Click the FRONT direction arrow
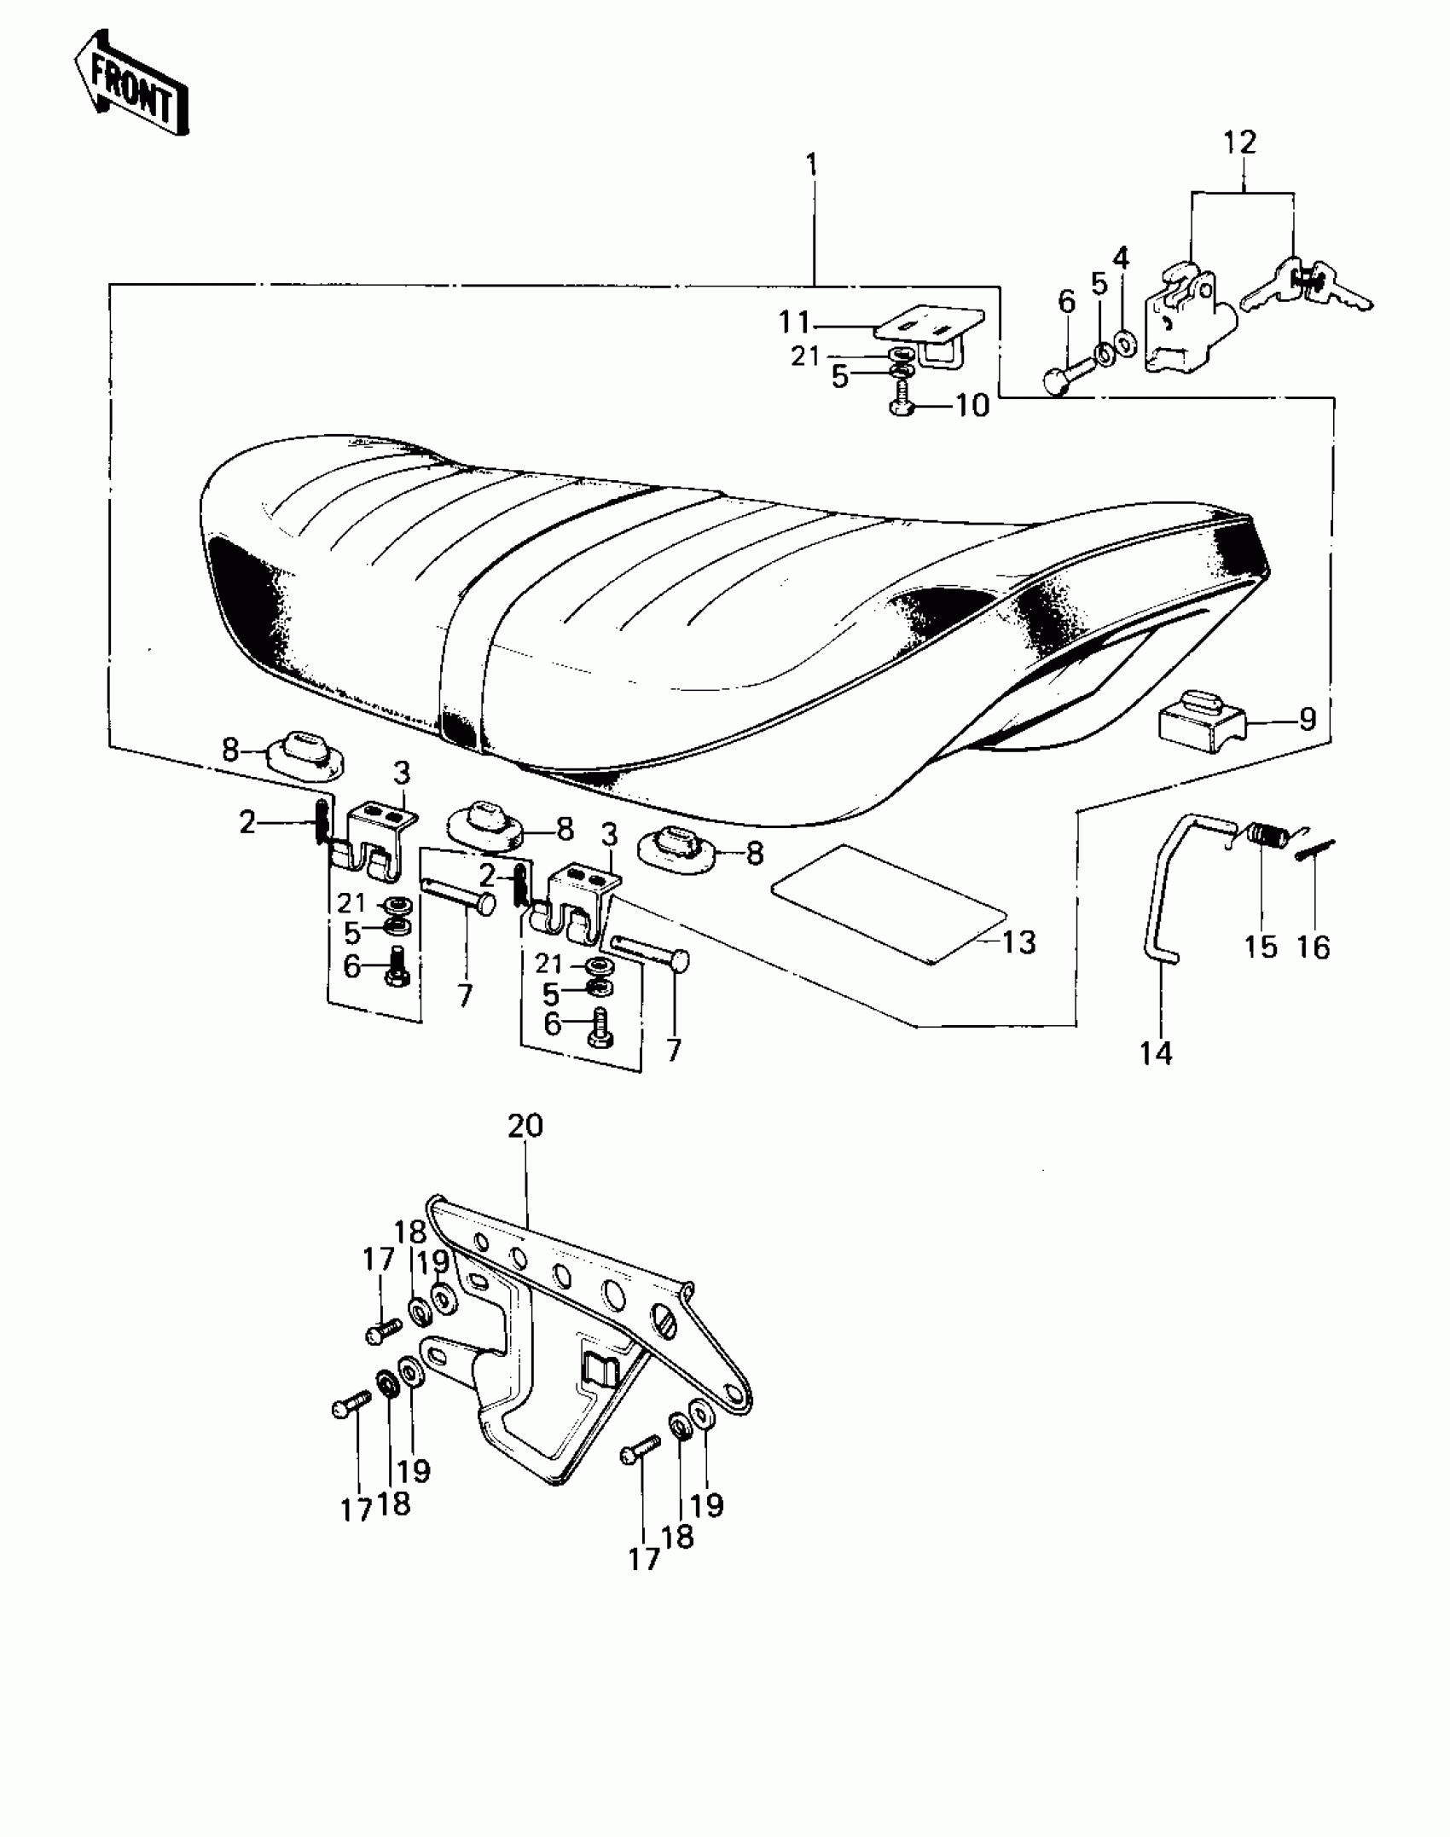(x=130, y=84)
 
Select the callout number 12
(x=1240, y=142)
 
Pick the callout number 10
(x=971, y=406)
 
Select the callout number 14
(x=1156, y=1054)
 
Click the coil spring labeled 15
(x=1270, y=834)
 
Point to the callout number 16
(x=1314, y=947)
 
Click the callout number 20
(x=525, y=1126)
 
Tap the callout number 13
(x=1018, y=942)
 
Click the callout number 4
(x=1121, y=257)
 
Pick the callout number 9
(x=1308, y=719)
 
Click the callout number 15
(x=1261, y=947)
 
